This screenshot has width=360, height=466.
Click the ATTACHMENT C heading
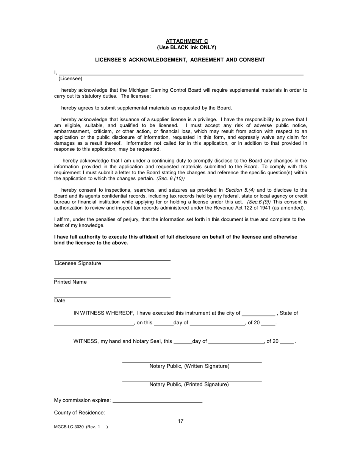[186, 41]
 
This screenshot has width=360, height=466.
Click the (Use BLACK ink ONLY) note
[186, 47]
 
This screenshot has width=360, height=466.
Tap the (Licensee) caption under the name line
[70, 79]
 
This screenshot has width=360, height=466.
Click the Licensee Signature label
[78, 263]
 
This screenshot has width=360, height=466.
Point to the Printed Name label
[70, 282]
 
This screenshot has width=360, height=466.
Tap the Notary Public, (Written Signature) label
[189, 366]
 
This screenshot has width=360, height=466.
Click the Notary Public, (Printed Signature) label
[189, 385]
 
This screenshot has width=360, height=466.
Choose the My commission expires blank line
[157, 401]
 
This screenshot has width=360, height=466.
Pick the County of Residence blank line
[152, 414]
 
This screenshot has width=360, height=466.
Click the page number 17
[180, 421]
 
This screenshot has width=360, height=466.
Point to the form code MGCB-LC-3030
[69, 427]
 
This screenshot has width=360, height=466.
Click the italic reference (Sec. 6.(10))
[171, 178]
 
